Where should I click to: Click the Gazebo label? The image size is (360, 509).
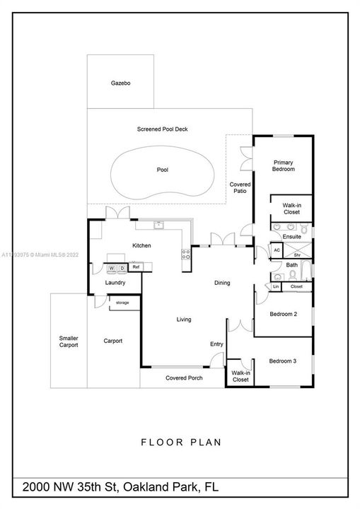[120, 83]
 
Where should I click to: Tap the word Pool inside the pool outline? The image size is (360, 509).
[163, 170]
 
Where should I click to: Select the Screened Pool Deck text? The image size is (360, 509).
[163, 129]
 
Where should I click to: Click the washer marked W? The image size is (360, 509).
[112, 268]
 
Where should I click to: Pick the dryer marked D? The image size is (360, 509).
[122, 268]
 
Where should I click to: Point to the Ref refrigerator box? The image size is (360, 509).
[136, 267]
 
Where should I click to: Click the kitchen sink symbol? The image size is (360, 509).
[158, 225]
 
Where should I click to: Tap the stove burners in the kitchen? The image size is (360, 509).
[186, 255]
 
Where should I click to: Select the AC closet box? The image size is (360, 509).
[277, 250]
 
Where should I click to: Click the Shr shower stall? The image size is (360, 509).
[297, 250]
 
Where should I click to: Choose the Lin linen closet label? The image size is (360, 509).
[276, 286]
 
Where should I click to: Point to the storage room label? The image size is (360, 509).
[122, 303]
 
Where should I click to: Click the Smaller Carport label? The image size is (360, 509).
[69, 341]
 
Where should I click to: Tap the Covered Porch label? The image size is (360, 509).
[184, 378]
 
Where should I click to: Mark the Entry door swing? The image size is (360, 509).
[217, 360]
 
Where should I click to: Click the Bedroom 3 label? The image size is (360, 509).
[283, 361]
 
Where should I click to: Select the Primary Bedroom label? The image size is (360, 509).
[284, 166]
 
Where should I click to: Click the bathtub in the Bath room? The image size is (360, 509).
[306, 270]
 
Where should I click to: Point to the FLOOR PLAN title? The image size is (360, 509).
[181, 442]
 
